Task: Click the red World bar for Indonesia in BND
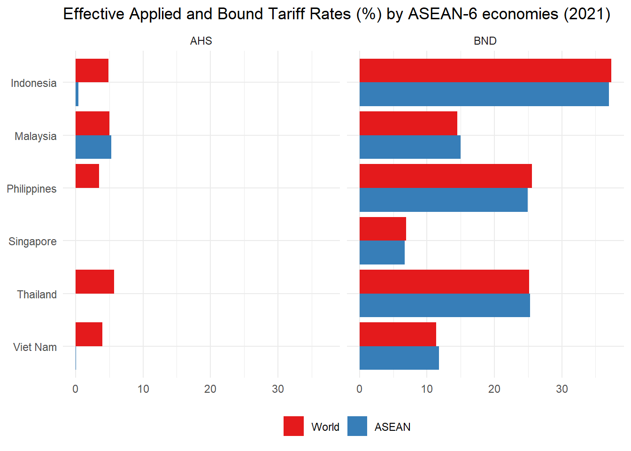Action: [x=485, y=70]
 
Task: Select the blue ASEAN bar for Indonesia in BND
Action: [x=484, y=94]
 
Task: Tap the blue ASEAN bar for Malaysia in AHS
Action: [x=93, y=147]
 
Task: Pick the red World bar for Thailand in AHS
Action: [x=95, y=281]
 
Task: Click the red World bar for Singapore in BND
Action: [x=383, y=229]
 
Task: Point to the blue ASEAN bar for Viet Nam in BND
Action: [x=399, y=358]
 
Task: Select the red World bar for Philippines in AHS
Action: [x=87, y=176]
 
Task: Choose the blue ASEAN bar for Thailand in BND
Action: [x=445, y=305]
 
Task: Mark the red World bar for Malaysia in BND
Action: [x=408, y=123]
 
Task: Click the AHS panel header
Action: [x=201, y=41]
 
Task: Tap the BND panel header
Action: [x=485, y=41]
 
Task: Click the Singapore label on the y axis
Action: [x=32, y=241]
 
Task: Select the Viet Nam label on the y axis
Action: [x=35, y=347]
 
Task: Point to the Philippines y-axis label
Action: [x=31, y=189]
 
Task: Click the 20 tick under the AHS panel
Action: [x=210, y=389]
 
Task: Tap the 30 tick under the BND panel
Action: [x=562, y=389]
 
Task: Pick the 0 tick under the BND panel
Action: [x=360, y=389]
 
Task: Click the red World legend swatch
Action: [x=293, y=426]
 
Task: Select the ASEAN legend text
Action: [x=392, y=427]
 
